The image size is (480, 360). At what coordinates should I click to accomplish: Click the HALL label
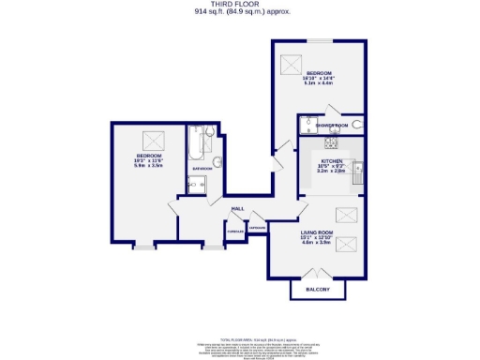pos(238,208)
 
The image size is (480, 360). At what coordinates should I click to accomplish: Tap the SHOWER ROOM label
pos(332,125)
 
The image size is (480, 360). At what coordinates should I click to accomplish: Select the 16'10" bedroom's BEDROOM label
pos(320,72)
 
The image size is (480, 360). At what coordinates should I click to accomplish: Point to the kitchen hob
pos(330,142)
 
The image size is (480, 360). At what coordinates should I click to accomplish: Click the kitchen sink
pos(359,169)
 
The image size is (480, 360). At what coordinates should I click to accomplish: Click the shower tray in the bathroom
pos(197,184)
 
